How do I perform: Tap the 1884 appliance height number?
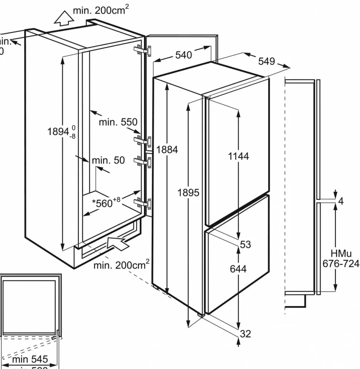pos(167,150)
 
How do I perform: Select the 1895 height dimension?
pos(189,193)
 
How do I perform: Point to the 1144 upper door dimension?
pos(238,156)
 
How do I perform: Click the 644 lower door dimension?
pos(238,268)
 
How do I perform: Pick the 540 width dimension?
pos(183,55)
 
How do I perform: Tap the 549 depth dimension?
pos(267,61)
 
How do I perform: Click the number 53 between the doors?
pos(245,245)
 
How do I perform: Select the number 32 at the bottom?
pos(245,334)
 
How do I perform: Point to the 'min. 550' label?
pos(118,122)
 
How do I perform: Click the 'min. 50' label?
pos(108,160)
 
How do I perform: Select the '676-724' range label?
pos(341,264)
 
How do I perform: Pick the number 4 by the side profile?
pos(341,202)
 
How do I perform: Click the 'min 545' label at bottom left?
pos(30,359)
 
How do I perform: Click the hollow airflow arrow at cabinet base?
pos(119,244)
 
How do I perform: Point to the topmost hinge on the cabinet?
pos(143,50)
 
